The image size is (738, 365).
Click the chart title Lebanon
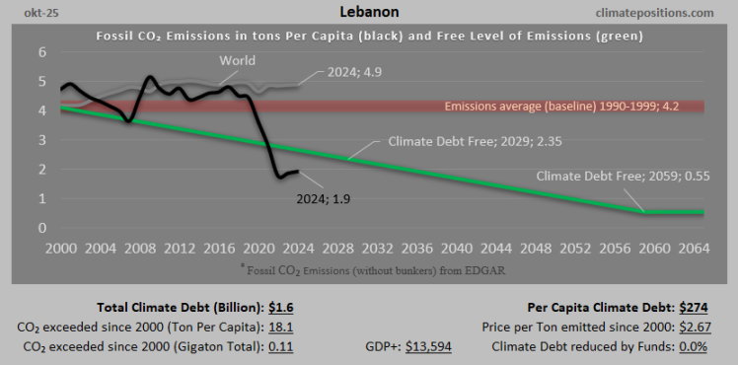[368, 13]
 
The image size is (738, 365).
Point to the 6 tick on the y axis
[41, 52]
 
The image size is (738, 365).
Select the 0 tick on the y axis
[41, 228]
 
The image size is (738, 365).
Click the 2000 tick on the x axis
[62, 247]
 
